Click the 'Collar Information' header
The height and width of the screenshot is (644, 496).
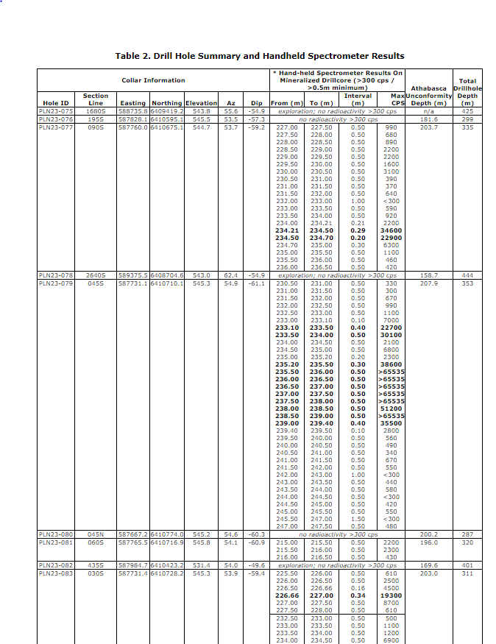pyautogui.click(x=153, y=80)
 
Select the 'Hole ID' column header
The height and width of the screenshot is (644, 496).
pyautogui.click(x=56, y=103)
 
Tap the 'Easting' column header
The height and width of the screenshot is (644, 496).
pyautogui.click(x=132, y=103)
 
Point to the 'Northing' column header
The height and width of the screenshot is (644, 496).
pyautogui.click(x=166, y=103)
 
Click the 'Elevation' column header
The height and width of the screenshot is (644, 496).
pyautogui.click(x=201, y=103)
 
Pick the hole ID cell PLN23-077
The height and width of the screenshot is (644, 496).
pyautogui.click(x=56, y=127)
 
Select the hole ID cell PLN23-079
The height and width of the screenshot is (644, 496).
pyautogui.click(x=56, y=283)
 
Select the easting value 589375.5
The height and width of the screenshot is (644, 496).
pyautogui.click(x=132, y=275)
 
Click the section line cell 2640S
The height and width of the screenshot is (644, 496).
pyautogui.click(x=96, y=275)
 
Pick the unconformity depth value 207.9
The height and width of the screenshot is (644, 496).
pyautogui.click(x=429, y=283)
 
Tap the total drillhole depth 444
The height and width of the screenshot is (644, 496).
pyautogui.click(x=467, y=275)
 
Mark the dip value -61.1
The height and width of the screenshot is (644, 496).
pyautogui.click(x=255, y=283)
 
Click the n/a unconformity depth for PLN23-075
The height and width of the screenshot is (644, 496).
pyautogui.click(x=429, y=111)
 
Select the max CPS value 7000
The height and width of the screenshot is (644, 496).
pyautogui.click(x=391, y=320)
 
